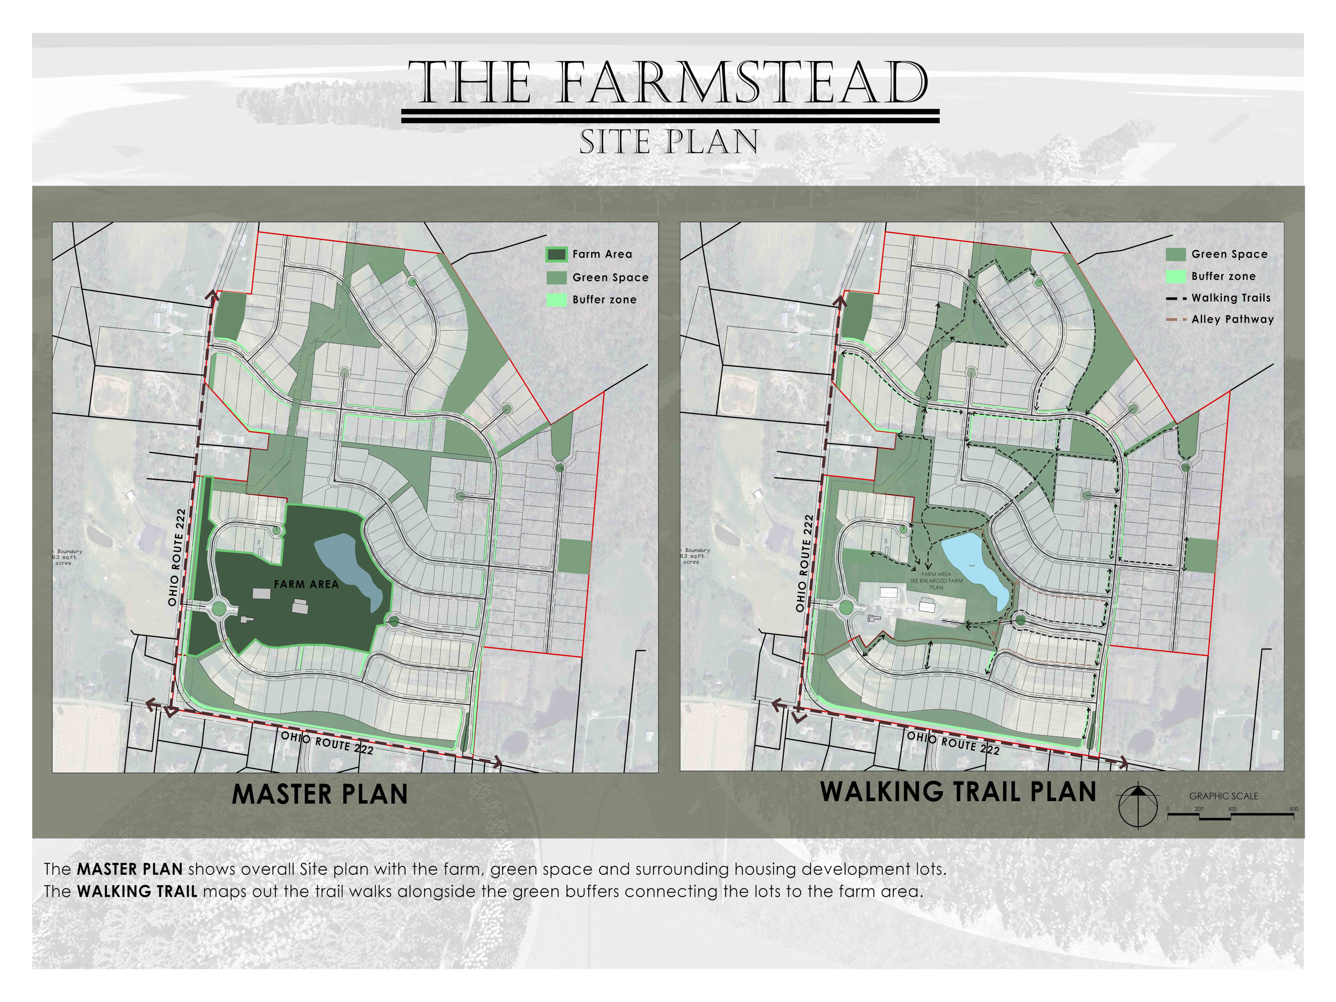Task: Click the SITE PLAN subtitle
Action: (668, 142)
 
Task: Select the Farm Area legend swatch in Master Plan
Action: (556, 254)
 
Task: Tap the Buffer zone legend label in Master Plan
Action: (604, 300)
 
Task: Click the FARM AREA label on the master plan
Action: (306, 584)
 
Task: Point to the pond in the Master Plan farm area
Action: (349, 568)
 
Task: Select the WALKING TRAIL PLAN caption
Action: (958, 792)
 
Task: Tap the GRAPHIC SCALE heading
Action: (1224, 796)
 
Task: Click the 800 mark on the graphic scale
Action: (1293, 810)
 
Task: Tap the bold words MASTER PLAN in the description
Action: (129, 869)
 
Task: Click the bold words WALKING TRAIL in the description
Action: (137, 891)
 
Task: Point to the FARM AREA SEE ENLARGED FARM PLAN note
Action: (936, 580)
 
